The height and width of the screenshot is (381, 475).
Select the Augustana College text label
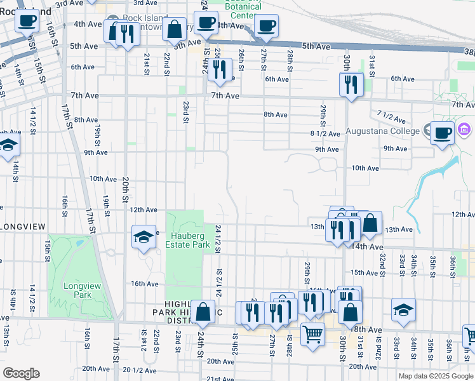click(x=382, y=131)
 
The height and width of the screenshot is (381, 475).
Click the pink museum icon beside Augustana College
click(x=464, y=131)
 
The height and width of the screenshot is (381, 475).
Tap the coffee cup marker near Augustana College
click(x=443, y=134)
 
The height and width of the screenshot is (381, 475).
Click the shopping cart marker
click(x=312, y=333)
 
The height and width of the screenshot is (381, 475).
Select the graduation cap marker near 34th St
click(x=403, y=310)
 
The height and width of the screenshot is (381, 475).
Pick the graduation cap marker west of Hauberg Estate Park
click(x=144, y=237)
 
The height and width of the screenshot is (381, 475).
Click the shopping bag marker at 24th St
click(x=203, y=312)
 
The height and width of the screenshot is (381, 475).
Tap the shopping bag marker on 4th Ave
click(x=174, y=29)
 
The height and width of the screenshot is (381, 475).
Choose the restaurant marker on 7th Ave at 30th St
click(x=351, y=84)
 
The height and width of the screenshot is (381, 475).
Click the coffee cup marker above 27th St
click(x=266, y=27)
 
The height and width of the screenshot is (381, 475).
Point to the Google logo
click(x=21, y=373)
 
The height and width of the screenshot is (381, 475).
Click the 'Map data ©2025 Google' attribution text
click(x=436, y=376)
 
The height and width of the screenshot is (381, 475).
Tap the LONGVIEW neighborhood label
click(x=23, y=226)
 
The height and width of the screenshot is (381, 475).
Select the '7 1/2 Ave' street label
click(x=391, y=117)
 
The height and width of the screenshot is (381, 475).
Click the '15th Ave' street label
click(x=365, y=272)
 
